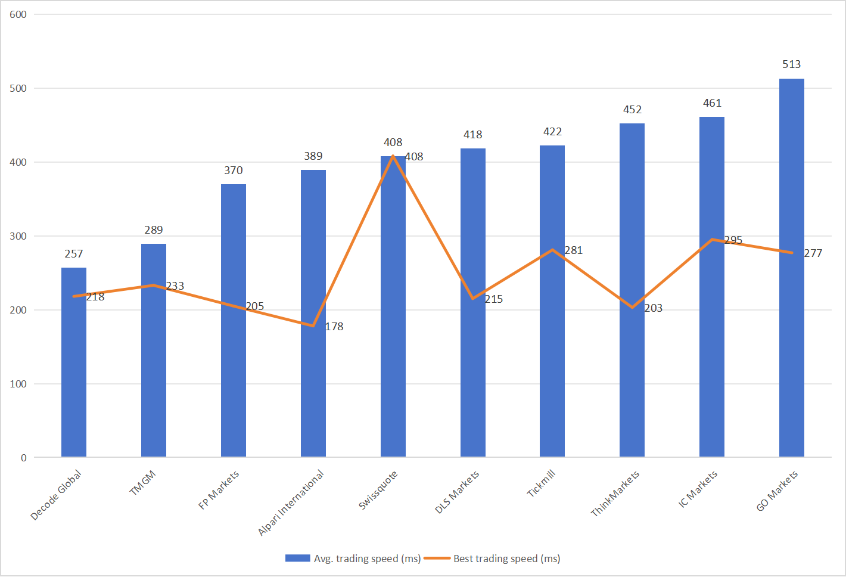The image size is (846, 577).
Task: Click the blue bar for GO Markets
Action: (x=791, y=268)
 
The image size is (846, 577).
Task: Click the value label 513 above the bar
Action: (x=791, y=64)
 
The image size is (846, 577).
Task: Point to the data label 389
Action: (x=313, y=156)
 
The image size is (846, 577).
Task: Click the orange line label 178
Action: (x=334, y=327)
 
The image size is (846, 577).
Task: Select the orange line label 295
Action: (x=733, y=240)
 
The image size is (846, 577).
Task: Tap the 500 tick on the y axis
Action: (x=18, y=88)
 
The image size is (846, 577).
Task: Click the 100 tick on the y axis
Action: (x=18, y=384)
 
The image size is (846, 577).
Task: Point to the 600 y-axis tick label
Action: (x=18, y=14)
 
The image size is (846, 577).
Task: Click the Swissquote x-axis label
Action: (x=378, y=490)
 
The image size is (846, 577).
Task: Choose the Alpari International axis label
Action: (x=291, y=502)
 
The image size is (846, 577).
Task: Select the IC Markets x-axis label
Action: (x=698, y=489)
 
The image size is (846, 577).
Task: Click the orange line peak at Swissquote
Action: (x=393, y=156)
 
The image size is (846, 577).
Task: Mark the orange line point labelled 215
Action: (x=473, y=299)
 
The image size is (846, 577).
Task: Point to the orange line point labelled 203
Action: (x=632, y=308)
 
